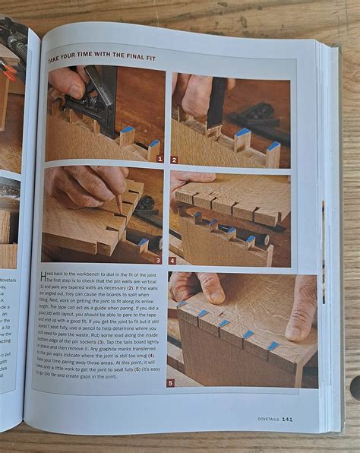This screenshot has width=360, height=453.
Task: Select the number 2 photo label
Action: tap(175, 160)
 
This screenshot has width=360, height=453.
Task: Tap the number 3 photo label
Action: tap(157, 260)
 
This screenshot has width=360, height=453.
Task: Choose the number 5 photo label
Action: tap(171, 382)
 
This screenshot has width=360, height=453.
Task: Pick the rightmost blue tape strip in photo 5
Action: tap(273, 346)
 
